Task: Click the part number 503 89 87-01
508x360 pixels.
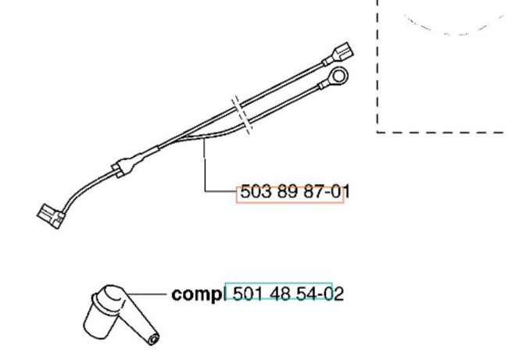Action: coord(295,192)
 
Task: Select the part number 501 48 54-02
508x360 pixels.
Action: coord(288,294)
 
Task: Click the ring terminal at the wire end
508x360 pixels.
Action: coord(339,77)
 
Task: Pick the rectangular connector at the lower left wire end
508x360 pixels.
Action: coord(51,216)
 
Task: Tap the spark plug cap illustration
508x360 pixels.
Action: coord(120,315)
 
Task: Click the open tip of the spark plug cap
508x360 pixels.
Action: coord(152,340)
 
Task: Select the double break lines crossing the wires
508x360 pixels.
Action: coord(241,114)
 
